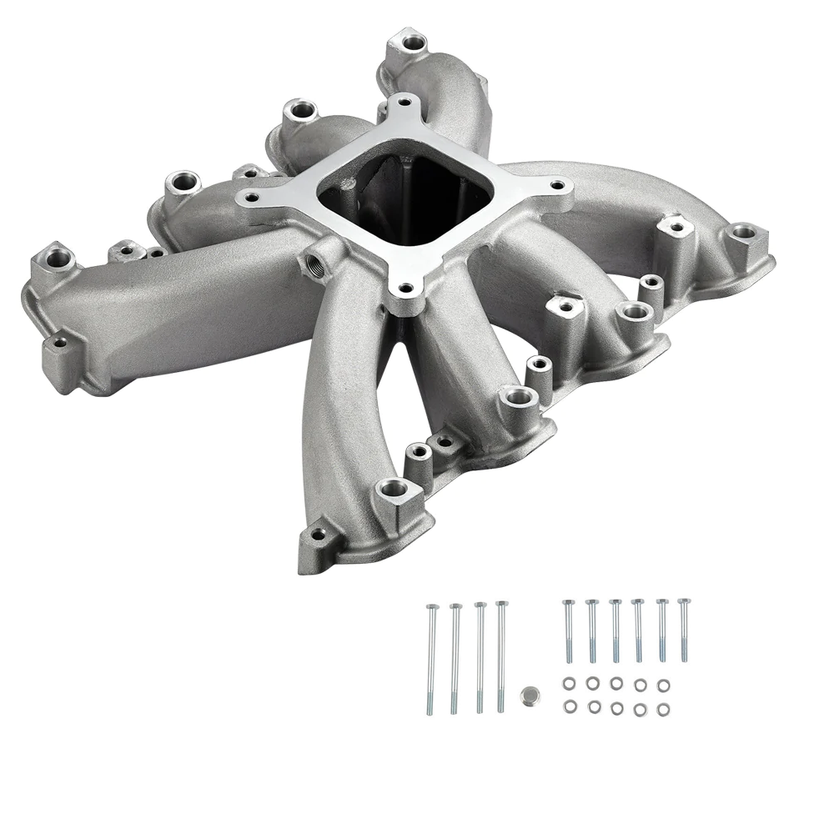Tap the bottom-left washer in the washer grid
[x=570, y=707]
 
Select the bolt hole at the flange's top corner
[x=405, y=104]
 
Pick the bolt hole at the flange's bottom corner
[x=404, y=289]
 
